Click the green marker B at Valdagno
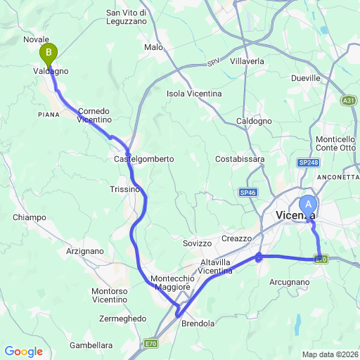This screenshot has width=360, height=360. [x=49, y=52]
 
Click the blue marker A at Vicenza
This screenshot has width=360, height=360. [x=307, y=205]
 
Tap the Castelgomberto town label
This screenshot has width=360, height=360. [x=143, y=160]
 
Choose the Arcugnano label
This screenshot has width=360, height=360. [x=290, y=282]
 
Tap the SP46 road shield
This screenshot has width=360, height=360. [x=247, y=192]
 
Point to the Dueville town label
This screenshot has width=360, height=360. [x=305, y=78]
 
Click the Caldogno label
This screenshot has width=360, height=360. [x=255, y=121]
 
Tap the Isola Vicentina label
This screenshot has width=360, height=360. [x=194, y=94]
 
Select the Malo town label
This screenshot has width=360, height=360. [x=153, y=47]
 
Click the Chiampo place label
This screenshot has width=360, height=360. [x=29, y=217]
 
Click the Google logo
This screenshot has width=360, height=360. [x=23, y=351]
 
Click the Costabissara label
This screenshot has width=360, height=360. [x=240, y=159]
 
